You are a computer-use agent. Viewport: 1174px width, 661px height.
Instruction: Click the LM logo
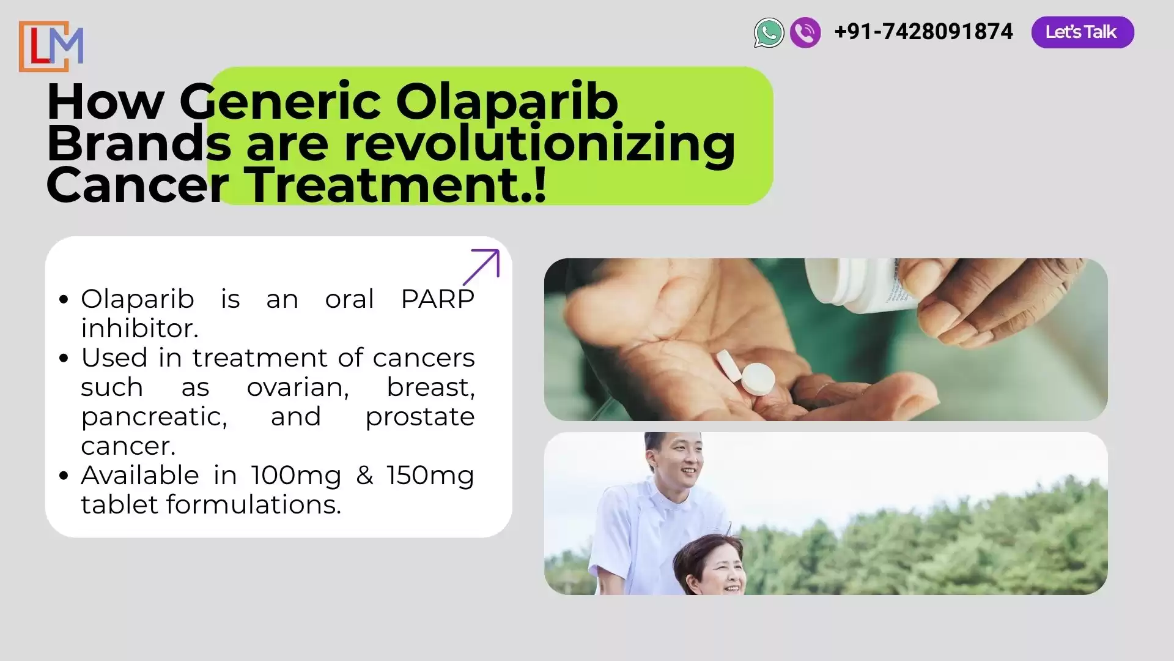[51, 47]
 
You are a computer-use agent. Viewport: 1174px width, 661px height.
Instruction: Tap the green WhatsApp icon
[769, 32]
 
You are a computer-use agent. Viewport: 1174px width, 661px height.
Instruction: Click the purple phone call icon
[805, 32]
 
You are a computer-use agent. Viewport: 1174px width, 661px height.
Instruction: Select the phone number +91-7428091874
[923, 32]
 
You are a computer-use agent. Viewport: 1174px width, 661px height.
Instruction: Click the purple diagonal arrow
[481, 267]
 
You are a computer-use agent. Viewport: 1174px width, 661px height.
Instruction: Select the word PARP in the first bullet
[438, 299]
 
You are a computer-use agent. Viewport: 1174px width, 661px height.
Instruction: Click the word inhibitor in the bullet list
[139, 329]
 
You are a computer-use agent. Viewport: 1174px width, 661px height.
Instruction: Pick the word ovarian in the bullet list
[298, 387]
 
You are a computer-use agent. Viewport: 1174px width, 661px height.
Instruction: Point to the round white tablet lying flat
[758, 379]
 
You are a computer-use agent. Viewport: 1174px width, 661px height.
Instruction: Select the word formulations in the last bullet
[254, 505]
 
